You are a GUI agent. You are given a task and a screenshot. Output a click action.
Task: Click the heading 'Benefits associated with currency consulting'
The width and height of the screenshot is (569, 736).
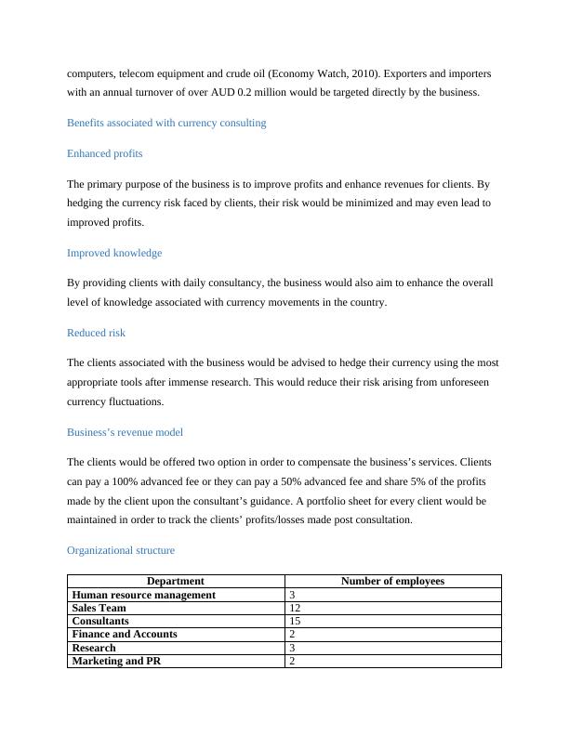coord(166,123)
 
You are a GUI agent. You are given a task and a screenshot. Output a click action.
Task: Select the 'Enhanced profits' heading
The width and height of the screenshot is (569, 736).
coord(104,153)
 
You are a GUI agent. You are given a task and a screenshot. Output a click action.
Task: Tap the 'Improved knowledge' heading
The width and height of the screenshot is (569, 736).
coord(114,253)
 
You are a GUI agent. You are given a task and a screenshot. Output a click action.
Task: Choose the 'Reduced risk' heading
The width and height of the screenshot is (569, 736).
coord(96,333)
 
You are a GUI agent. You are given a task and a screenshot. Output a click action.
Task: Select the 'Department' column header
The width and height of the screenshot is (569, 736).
coord(176,582)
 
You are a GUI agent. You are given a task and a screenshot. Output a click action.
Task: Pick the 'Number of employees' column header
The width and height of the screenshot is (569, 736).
coord(392,582)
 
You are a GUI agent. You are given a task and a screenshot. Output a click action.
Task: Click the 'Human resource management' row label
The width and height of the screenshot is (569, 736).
coord(143,595)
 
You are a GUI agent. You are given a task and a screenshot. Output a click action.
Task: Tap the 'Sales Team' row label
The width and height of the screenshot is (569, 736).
coord(99,608)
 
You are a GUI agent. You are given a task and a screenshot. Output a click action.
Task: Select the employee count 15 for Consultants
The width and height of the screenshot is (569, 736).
coord(295,621)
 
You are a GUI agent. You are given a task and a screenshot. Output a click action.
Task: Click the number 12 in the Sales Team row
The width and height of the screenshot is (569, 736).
coord(295,608)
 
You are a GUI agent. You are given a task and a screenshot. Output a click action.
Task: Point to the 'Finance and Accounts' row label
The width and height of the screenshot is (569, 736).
coord(124,634)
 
